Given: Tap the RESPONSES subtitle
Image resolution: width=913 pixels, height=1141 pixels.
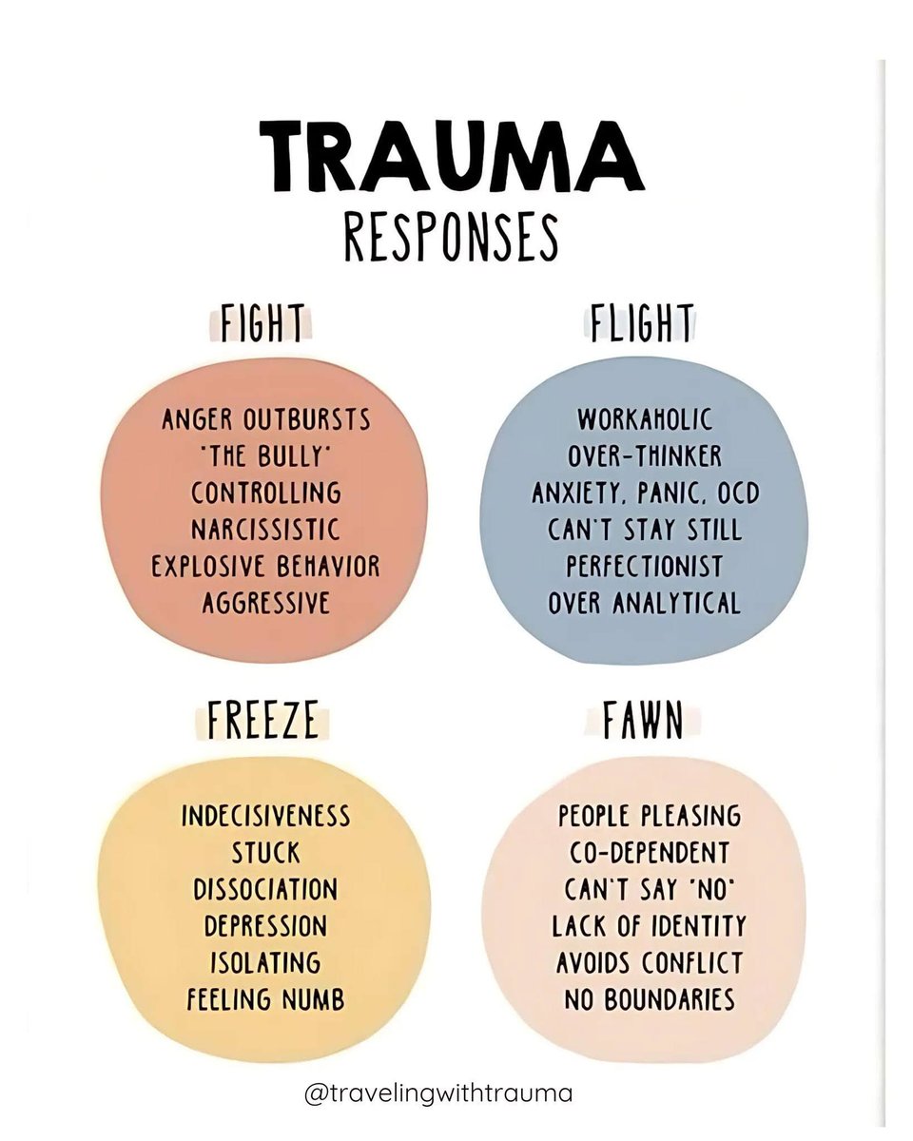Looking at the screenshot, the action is (x=451, y=237).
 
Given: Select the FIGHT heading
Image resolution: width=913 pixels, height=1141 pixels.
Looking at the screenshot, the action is (x=262, y=324).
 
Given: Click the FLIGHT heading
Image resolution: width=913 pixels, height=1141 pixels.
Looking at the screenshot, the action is (x=641, y=324).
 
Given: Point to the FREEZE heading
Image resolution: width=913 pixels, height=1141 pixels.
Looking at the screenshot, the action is (x=263, y=723).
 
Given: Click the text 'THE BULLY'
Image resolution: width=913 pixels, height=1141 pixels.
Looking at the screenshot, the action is (x=265, y=455).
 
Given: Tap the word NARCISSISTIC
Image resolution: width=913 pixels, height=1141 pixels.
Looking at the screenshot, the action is (x=265, y=529).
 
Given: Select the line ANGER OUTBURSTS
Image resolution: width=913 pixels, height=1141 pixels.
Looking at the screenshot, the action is (x=265, y=419).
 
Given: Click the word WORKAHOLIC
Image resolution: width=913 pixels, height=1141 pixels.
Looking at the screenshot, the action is (x=644, y=419).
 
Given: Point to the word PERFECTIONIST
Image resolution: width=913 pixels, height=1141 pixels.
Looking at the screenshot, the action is (x=644, y=566).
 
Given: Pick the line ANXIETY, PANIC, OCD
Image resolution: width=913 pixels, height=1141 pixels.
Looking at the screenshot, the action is (x=644, y=493).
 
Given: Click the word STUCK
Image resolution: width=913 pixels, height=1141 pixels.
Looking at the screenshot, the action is (x=265, y=853).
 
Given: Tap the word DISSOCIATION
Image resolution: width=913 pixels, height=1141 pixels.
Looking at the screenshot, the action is (x=265, y=889).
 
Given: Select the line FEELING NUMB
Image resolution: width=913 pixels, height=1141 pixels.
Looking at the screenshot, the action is (x=265, y=999).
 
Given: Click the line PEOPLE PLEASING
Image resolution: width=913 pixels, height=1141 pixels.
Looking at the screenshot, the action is (x=649, y=816).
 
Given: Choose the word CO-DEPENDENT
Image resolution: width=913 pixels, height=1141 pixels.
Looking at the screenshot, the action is (x=649, y=853).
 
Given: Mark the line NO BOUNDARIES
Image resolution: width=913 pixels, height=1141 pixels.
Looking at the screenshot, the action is (x=649, y=999).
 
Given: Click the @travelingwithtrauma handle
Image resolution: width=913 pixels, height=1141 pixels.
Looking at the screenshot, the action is (x=438, y=1093).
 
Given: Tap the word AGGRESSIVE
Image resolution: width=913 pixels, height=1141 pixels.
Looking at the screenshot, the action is (x=265, y=602).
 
